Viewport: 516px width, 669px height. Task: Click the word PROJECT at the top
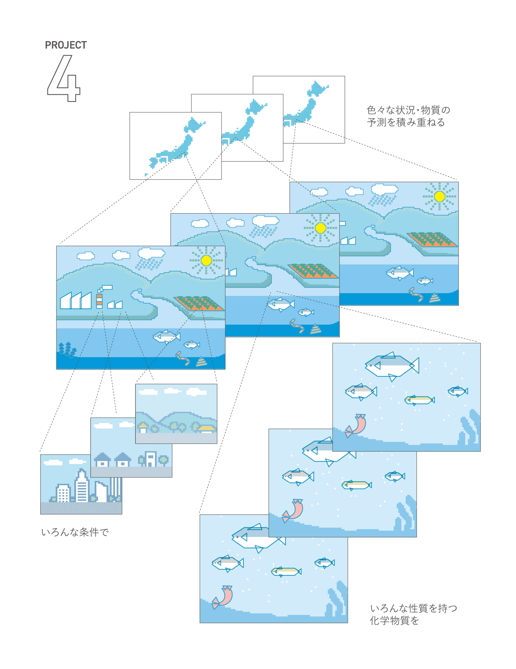[66, 45]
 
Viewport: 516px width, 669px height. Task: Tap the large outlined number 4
[64, 79]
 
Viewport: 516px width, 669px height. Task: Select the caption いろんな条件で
[75, 532]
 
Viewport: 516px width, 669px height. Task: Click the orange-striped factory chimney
[99, 300]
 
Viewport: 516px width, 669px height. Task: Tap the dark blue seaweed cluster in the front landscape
[67, 349]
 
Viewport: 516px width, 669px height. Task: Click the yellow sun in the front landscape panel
[206, 260]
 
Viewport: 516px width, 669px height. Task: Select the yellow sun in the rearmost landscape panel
[439, 196]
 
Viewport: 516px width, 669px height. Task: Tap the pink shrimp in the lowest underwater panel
[223, 596]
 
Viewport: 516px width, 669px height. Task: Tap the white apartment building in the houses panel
[150, 459]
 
